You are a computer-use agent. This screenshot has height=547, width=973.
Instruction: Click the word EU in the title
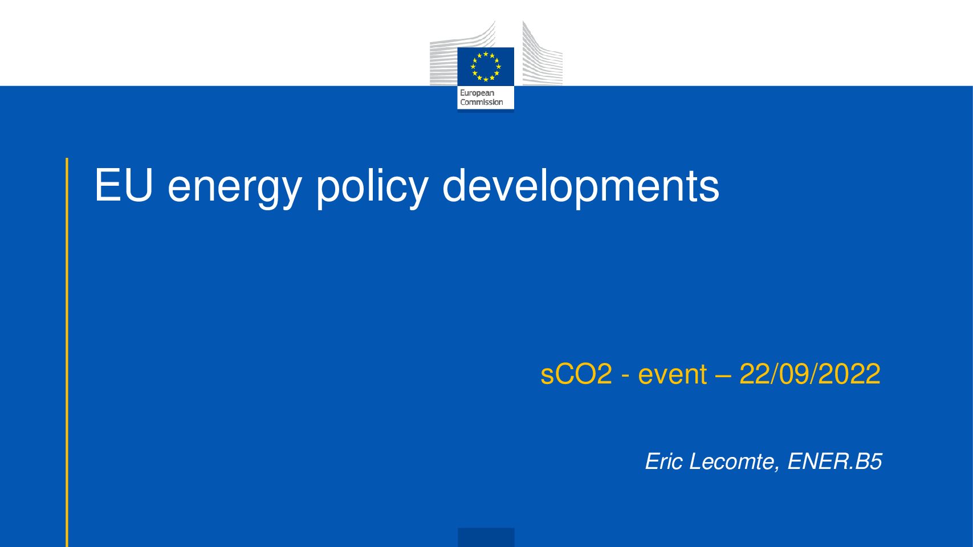click(x=124, y=185)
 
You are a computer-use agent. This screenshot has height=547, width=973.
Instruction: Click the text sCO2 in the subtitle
click(x=576, y=374)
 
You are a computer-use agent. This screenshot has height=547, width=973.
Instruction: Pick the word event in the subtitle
click(x=673, y=375)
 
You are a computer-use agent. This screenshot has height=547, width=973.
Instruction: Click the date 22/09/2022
click(x=809, y=374)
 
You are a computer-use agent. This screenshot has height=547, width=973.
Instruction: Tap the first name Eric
click(x=664, y=461)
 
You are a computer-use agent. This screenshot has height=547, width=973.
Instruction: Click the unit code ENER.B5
click(x=834, y=461)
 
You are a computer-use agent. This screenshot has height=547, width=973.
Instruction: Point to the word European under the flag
click(x=477, y=93)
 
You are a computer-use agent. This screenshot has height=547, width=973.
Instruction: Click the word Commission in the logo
click(x=481, y=102)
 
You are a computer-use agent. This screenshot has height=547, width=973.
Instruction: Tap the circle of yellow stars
click(x=486, y=67)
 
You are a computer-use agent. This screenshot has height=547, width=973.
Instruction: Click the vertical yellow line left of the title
click(x=67, y=352)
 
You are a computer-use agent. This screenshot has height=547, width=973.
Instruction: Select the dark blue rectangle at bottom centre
click(x=486, y=537)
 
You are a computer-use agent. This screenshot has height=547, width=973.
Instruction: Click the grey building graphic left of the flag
click(x=462, y=54)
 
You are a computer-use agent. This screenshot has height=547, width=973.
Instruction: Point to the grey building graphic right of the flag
click(x=543, y=54)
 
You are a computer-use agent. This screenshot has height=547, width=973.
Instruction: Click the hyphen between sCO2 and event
click(x=625, y=377)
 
